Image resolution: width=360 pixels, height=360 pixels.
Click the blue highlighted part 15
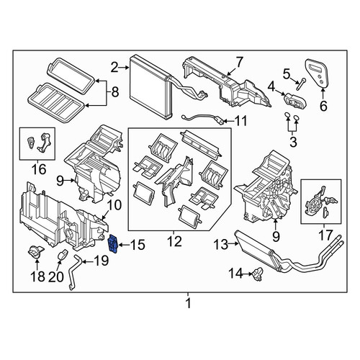coord(113,244)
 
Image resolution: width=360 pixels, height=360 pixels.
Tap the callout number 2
coord(114,68)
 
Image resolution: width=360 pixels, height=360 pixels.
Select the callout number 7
coord(239,62)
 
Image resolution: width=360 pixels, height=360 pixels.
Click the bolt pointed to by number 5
coord(300,84)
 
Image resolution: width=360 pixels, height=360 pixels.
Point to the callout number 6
coord(323,106)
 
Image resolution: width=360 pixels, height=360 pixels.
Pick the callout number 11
coord(240,121)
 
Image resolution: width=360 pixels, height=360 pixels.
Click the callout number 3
coord(293,142)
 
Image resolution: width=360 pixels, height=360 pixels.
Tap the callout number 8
coord(115,92)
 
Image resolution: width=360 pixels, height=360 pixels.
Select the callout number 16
coord(39,169)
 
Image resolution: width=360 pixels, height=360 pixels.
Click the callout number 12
coord(174,241)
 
